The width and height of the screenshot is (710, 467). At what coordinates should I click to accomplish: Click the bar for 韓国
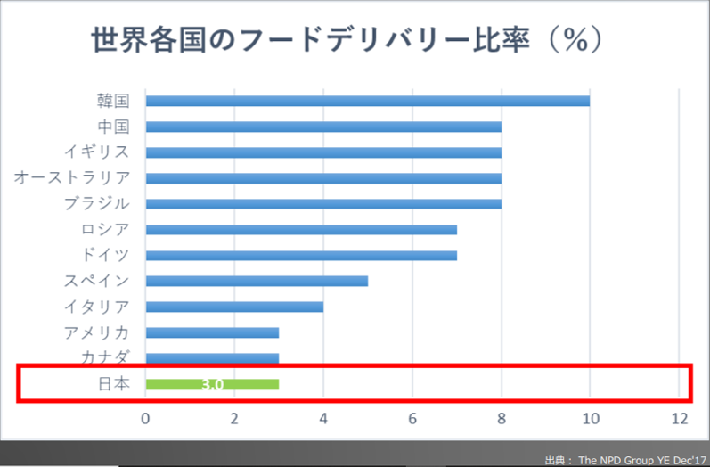click(367, 101)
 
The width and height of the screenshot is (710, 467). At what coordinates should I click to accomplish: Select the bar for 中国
click(322, 127)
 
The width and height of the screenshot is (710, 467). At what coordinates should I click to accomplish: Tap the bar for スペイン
click(257, 281)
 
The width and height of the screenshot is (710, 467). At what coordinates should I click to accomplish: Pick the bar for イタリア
click(234, 307)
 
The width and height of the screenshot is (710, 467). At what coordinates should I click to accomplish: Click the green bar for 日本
click(212, 384)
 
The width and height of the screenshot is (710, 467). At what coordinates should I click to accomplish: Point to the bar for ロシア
click(301, 229)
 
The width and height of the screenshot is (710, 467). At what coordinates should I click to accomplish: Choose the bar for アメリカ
click(212, 332)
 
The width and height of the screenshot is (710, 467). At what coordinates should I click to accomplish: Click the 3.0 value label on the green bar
click(212, 385)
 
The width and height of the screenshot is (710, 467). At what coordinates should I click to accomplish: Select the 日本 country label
click(113, 384)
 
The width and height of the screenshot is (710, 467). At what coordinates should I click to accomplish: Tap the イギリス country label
click(97, 152)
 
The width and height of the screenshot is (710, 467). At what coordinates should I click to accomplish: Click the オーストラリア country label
click(72, 177)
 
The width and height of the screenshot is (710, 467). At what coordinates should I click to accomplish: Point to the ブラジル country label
click(97, 203)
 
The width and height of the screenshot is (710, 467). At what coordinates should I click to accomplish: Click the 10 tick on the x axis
click(590, 418)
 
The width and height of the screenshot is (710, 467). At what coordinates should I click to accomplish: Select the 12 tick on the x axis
click(679, 418)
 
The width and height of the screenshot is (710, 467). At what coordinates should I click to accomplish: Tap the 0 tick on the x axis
click(145, 418)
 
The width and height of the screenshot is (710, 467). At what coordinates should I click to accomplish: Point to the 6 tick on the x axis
click(412, 418)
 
